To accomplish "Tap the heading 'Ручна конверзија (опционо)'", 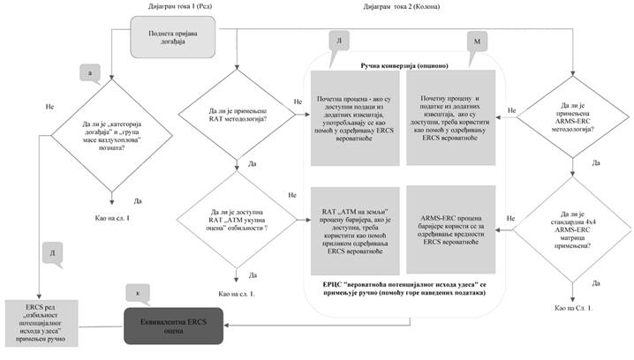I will (404, 66).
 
